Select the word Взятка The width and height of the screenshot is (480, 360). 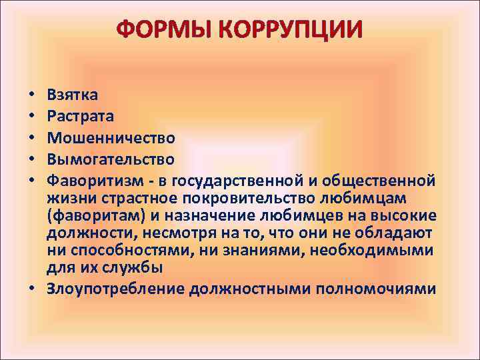(73, 95)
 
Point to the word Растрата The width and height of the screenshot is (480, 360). (80, 116)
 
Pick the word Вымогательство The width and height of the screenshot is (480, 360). (111, 159)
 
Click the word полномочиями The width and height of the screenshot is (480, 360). (375, 289)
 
